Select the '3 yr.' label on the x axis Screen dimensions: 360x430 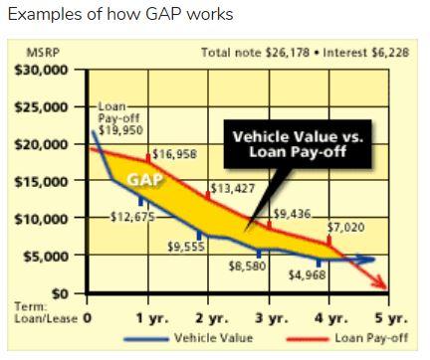(264, 320)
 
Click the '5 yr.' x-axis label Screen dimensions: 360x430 (391, 320)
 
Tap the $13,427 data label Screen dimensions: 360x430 (232, 188)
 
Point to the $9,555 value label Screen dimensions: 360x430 (185, 246)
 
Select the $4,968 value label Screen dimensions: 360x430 (307, 274)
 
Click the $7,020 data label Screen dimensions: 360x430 (347, 227)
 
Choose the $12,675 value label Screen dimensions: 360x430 (131, 218)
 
